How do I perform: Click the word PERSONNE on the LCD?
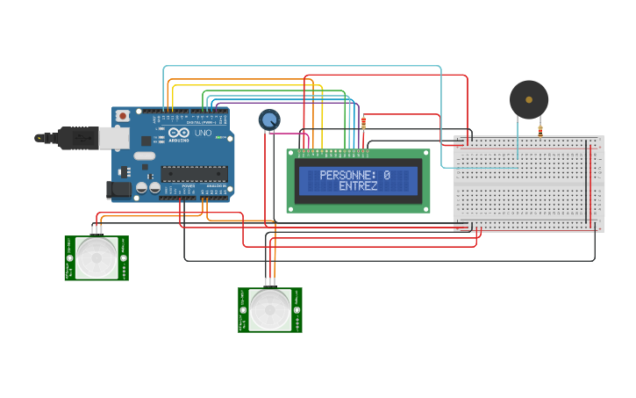347,176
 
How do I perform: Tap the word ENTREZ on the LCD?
358,187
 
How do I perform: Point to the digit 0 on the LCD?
387,176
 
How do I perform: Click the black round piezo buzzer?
529,99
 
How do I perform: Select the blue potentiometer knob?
269,119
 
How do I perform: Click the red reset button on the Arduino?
123,115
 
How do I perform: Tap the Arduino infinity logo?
178,133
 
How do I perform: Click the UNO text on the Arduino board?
203,134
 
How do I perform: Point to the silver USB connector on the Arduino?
111,137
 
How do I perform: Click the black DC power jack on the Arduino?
118,188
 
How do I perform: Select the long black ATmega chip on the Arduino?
194,172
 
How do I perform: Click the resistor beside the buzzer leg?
540,131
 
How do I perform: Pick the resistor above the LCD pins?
364,124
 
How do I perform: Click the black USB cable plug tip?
39,137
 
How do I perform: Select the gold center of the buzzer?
529,99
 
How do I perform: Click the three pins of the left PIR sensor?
96,230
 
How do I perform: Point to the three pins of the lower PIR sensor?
269,283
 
